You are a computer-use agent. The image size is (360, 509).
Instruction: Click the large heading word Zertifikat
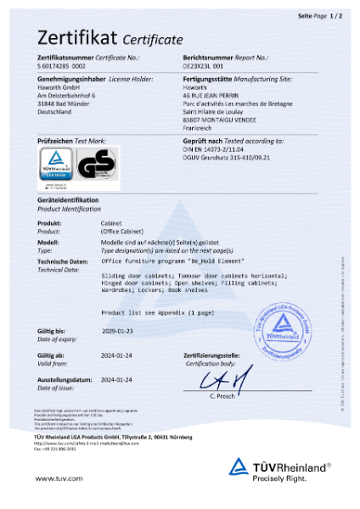(76, 38)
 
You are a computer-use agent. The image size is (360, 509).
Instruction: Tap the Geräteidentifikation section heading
(69, 199)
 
